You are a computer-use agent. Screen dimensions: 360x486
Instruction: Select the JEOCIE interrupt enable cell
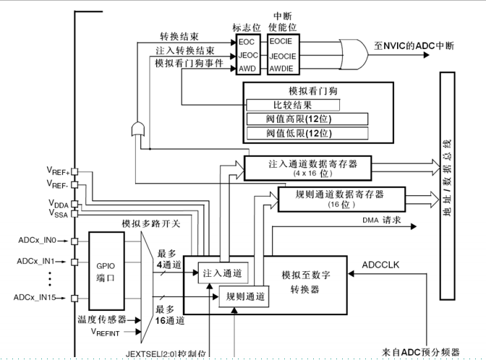coord(281,55)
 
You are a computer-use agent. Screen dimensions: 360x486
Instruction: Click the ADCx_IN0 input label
coord(36,239)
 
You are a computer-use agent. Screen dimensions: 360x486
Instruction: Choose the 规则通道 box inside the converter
coord(242,295)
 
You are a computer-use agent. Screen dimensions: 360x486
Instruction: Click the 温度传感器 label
coord(102,319)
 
